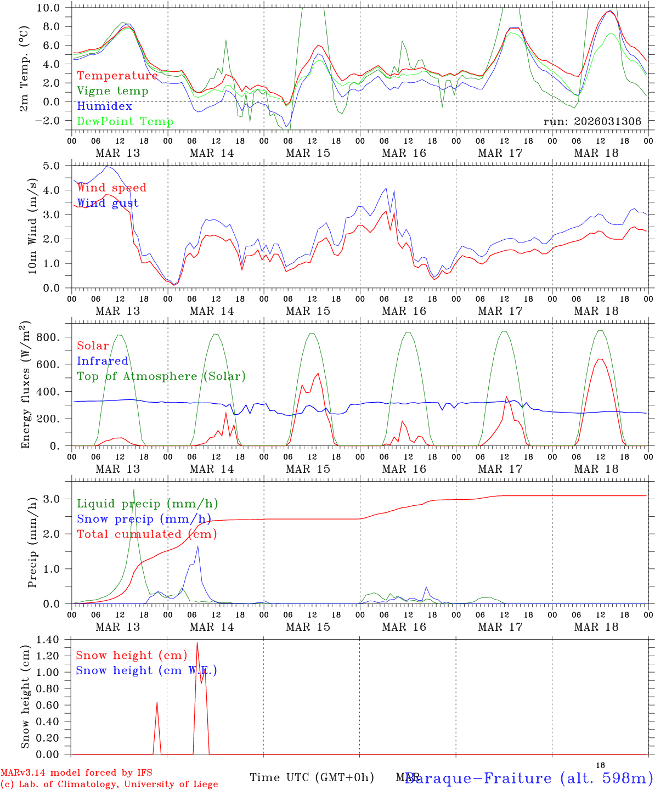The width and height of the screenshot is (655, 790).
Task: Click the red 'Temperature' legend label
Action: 117,76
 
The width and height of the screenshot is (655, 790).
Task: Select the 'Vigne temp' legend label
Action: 112,91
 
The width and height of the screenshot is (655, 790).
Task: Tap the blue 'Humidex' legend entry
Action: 104,106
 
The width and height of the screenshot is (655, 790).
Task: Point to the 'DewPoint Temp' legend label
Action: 125,121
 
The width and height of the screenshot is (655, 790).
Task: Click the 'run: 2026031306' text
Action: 592,122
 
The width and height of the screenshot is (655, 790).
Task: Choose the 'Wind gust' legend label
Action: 108,203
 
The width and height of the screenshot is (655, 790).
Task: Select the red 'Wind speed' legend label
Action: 112,188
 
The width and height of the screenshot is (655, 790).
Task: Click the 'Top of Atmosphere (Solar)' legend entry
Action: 161,376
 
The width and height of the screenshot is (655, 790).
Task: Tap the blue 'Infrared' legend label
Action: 103,361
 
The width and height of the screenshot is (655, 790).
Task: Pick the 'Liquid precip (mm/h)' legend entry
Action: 148,504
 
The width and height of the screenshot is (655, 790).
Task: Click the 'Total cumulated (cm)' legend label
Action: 147,534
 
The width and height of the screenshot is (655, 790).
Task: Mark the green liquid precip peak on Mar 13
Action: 134,490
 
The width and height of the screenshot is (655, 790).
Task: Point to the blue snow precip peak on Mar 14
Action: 197,546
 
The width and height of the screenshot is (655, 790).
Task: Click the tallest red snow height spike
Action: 197,642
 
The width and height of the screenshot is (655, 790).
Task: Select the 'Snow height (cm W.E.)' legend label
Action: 146,670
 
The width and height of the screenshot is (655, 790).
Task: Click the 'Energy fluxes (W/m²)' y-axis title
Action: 26,386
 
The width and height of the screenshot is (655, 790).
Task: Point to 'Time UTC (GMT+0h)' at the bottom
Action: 312,777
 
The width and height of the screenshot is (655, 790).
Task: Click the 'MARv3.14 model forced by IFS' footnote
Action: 76,774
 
